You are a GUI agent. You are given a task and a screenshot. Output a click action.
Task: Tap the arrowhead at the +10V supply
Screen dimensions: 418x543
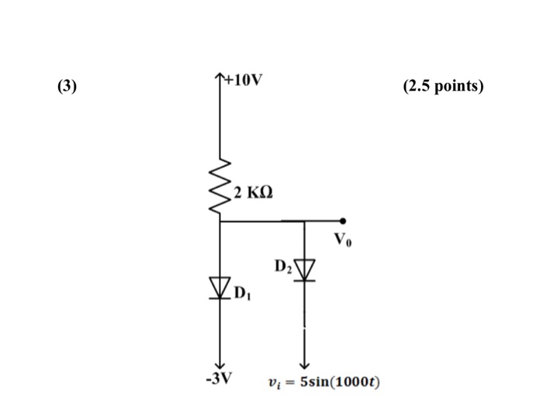[221, 75]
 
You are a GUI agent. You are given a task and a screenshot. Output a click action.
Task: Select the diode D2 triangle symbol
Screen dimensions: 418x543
[304, 269]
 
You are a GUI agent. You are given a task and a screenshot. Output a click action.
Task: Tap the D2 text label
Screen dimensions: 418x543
[282, 268]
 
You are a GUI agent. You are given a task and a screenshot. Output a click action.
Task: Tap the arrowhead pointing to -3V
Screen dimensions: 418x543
[220, 366]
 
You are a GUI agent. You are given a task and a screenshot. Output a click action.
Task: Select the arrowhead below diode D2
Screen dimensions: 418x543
[304, 366]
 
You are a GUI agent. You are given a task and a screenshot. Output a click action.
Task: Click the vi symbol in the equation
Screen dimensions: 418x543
[272, 383]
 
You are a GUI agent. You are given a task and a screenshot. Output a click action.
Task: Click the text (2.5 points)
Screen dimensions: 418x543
[443, 85]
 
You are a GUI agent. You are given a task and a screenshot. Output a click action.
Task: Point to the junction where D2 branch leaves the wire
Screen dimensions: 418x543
[304, 222]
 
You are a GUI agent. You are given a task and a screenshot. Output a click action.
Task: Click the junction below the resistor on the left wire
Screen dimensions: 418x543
[220, 222]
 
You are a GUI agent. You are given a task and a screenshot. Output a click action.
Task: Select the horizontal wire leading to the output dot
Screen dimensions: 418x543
[322, 222]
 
